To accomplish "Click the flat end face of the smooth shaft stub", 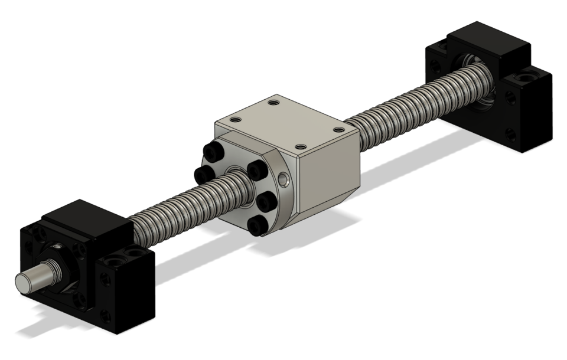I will click(23, 283).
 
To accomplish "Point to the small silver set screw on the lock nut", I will click(58, 246).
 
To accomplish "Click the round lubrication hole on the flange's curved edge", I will click(284, 178).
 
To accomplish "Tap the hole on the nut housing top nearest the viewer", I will click(301, 146).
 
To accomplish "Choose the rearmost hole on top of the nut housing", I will click(272, 103).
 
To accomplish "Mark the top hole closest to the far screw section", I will click(338, 129).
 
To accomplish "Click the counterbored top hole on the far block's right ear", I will click(524, 77).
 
